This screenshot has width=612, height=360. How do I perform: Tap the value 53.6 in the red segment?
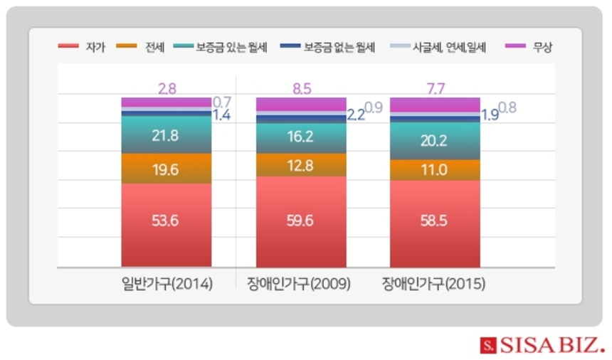pos(165,221)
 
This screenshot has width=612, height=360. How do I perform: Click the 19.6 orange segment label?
pos(165,169)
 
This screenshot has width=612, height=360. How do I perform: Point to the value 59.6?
pos(300,221)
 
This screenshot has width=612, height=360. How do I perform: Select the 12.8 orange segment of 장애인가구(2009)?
pos(300,165)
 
